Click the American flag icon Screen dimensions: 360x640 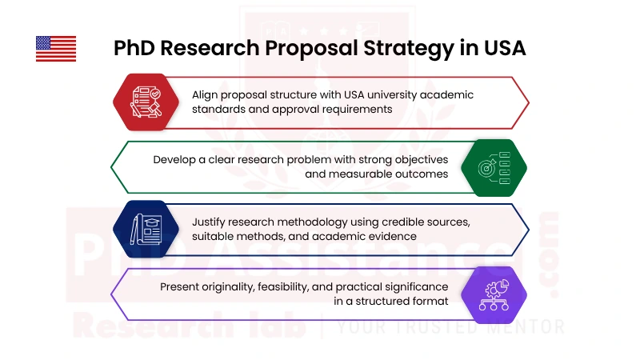coord(56,49)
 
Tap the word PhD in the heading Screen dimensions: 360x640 coord(134,48)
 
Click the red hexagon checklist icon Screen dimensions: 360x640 coord(145,102)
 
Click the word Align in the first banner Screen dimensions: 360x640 coord(207,94)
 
